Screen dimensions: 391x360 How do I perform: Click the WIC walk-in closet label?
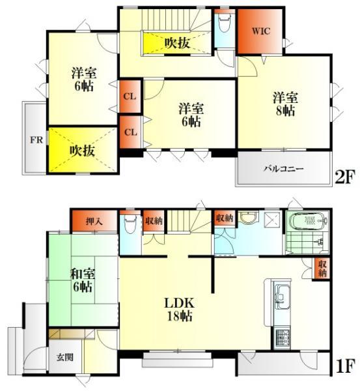[259, 31]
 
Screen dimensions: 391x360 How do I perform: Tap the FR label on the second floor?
[33, 140]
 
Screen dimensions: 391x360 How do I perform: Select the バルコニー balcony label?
[283, 169]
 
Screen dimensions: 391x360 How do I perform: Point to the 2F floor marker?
[345, 177]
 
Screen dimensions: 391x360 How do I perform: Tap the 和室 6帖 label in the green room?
[82, 280]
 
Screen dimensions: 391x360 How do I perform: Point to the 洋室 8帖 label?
[285, 104]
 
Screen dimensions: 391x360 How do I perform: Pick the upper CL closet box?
[130, 97]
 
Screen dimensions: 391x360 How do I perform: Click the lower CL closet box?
[130, 132]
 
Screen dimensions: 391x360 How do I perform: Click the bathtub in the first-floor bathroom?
[308, 223]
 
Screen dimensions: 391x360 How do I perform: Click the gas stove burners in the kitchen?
[284, 338]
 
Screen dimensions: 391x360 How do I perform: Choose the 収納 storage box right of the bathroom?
[322, 268]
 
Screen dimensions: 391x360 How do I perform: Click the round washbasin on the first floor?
[247, 218]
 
